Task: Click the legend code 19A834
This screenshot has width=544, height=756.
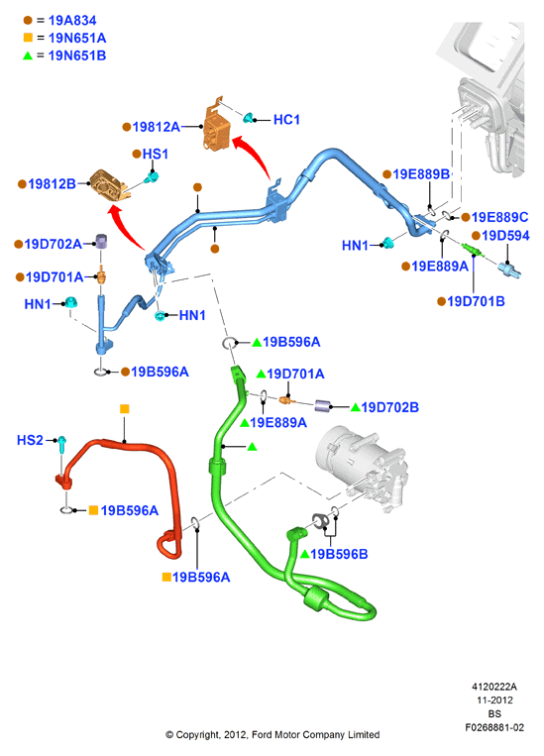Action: coord(72,20)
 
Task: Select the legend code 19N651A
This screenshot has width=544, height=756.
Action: coord(77,38)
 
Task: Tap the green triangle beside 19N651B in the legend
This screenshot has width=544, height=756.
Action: coord(28,55)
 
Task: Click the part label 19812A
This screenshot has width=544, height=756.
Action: coord(156,127)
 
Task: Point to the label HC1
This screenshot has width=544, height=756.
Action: coord(286,120)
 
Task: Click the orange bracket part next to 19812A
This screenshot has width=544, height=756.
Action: coord(216,126)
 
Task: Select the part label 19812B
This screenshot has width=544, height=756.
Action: coord(53,183)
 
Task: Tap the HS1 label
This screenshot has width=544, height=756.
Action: coord(156,154)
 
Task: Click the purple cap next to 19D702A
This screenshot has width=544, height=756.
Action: coord(101,241)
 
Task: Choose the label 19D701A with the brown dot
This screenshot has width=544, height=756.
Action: coord(54,276)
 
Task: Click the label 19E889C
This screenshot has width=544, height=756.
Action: coord(499,217)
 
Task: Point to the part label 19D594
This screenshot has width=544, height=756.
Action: coord(505,235)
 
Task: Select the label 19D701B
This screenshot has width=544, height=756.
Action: coord(476,301)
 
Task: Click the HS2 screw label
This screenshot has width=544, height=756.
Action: coord(30,440)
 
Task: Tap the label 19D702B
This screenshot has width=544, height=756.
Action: coord(390,407)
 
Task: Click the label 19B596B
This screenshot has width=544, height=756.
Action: coord(339,554)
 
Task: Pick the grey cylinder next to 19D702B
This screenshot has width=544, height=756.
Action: coord(323,406)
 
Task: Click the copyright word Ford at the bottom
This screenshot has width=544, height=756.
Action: coord(262,735)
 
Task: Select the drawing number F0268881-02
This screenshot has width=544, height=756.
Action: coord(494,727)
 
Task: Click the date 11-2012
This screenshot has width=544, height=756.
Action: coord(494,701)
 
